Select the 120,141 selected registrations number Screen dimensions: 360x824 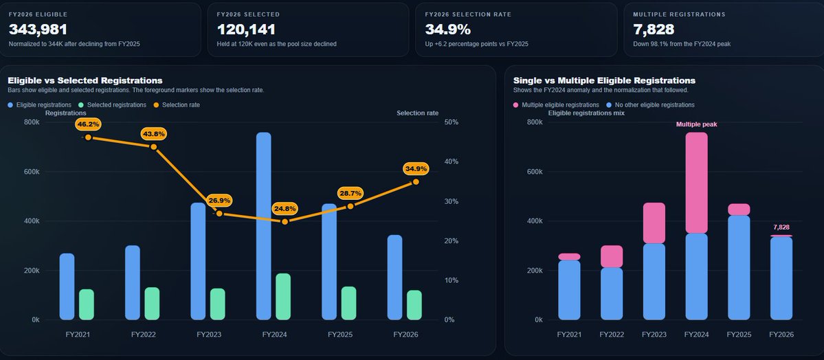click(x=246, y=30)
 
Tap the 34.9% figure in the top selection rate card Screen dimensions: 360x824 click(x=448, y=30)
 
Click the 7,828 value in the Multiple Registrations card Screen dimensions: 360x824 click(x=654, y=30)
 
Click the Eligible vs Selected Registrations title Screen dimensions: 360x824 click(x=85, y=80)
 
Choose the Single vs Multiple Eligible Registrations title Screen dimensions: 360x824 click(x=604, y=80)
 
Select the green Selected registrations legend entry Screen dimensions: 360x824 click(x=112, y=104)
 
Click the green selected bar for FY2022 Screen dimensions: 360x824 click(x=152, y=303)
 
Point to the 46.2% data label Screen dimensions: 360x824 click(x=89, y=124)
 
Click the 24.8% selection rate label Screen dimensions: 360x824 click(x=285, y=208)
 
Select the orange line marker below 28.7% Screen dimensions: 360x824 click(x=350, y=206)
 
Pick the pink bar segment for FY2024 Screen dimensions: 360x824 click(x=696, y=183)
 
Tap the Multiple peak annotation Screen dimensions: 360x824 click(x=696, y=124)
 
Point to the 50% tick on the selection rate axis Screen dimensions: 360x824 click(x=452, y=122)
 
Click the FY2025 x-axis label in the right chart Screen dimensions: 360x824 click(x=739, y=335)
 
